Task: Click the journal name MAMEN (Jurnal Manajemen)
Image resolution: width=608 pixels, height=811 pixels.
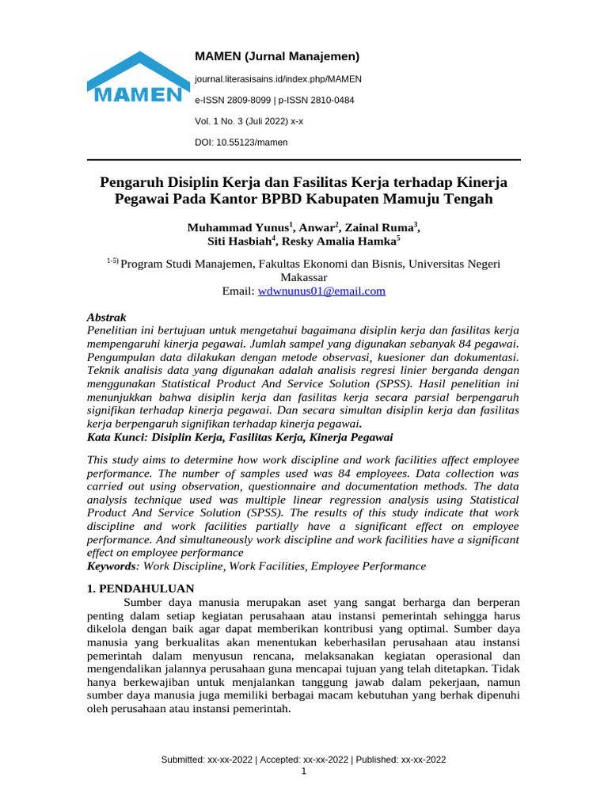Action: (277, 56)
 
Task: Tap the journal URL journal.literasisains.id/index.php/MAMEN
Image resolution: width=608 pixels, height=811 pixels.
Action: (278, 79)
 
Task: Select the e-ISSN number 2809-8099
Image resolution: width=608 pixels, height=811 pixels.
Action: (245, 101)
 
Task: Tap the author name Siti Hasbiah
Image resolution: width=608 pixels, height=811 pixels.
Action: (238, 242)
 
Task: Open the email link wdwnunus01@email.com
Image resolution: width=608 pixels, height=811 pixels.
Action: (321, 291)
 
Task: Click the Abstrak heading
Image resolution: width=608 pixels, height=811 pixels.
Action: (105, 316)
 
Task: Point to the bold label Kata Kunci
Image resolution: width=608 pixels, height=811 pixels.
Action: (115, 437)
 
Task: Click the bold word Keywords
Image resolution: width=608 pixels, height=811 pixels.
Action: (111, 566)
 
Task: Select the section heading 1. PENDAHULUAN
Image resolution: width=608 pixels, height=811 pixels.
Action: (139, 588)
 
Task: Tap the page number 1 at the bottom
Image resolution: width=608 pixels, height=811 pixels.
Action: (304, 771)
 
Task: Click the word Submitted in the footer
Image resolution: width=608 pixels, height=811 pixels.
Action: (183, 760)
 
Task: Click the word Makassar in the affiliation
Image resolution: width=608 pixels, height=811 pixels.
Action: (304, 278)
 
